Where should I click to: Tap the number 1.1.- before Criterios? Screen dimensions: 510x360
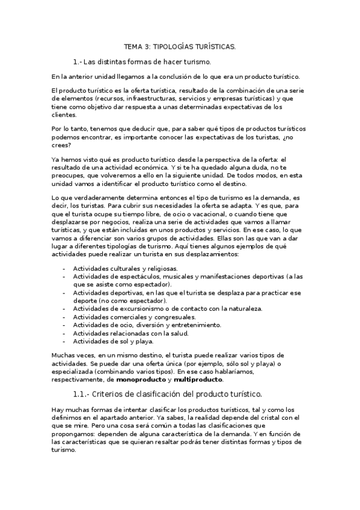click(84, 395)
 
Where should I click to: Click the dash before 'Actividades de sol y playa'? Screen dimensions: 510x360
click(64, 341)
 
